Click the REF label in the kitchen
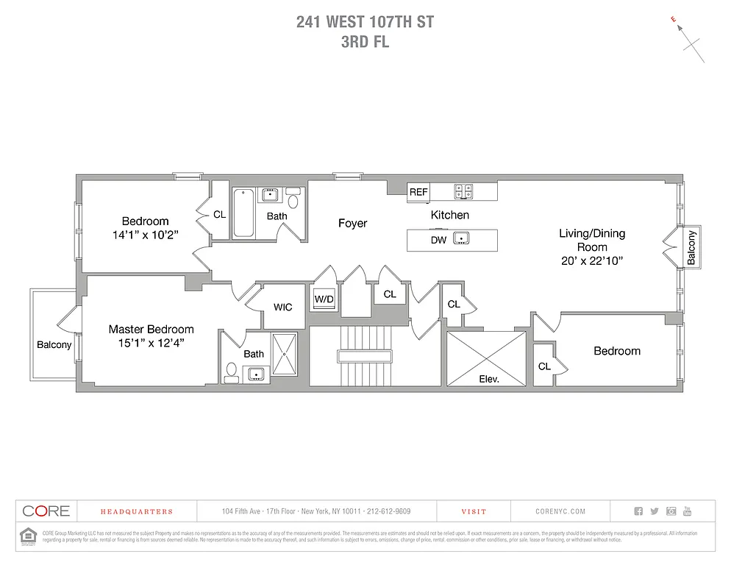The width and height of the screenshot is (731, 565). tap(418, 192)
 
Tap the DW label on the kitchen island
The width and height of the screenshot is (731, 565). tap(438, 240)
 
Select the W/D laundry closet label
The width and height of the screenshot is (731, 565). tap(324, 299)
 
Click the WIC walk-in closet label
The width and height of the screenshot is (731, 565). tap(283, 307)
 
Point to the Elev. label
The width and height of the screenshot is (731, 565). tap(488, 380)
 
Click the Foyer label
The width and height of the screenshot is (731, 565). tap(352, 223)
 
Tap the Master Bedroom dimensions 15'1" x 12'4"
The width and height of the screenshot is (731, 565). tap(151, 342)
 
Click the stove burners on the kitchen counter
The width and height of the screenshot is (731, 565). tap(463, 191)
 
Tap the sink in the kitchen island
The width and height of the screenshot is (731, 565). tap(461, 239)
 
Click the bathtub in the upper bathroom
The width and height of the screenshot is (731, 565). tap(243, 213)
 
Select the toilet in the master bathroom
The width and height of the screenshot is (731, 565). tap(231, 372)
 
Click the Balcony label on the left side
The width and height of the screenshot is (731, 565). tap(54, 345)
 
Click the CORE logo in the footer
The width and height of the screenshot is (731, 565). tap(46, 511)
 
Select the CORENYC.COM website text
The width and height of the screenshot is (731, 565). tap(560, 511)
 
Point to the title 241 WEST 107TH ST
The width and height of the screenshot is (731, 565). tap(365, 22)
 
